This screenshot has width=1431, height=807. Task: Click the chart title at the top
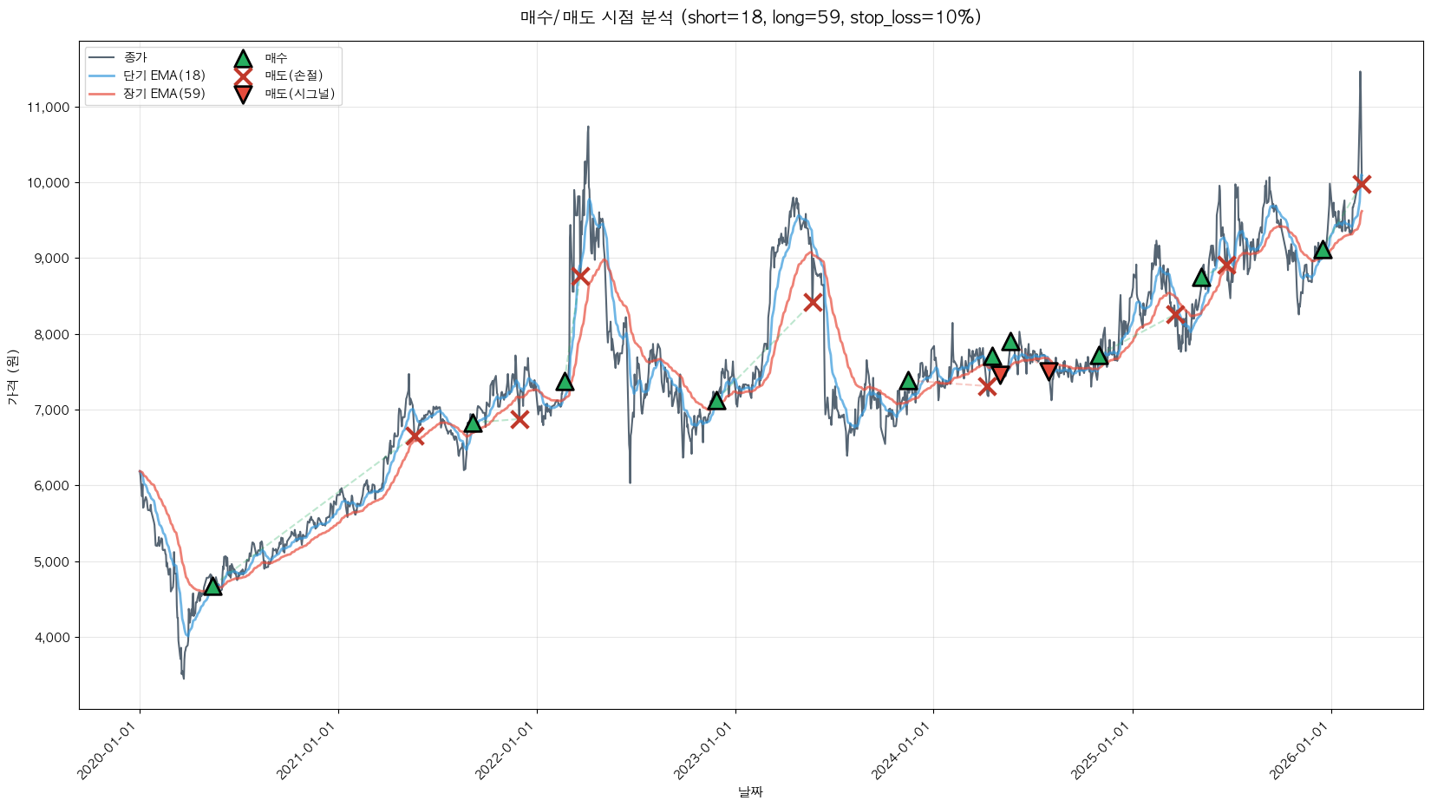[750, 17]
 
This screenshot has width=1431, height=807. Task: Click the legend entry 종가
[135, 57]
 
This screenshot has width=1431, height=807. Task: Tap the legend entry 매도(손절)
[293, 75]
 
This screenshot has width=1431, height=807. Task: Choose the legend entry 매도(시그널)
[299, 94]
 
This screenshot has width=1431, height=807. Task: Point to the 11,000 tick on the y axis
[49, 108]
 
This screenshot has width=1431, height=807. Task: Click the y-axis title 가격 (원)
[12, 377]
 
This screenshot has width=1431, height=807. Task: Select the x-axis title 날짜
[750, 791]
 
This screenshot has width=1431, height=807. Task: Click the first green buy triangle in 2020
[212, 587]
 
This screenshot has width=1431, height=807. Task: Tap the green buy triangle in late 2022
[716, 400]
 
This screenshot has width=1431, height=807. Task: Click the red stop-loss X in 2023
[813, 302]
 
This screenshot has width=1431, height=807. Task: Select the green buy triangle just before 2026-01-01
[1323, 250]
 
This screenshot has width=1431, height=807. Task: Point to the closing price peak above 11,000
[1360, 73]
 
